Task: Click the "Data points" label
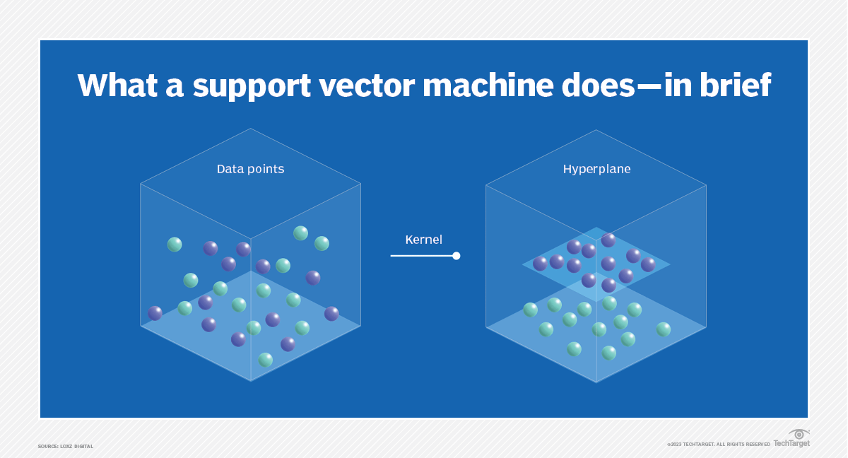pos(250,170)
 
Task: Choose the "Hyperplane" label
pos(596,170)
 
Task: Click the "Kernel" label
pos(423,240)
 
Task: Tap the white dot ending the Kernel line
pos(457,256)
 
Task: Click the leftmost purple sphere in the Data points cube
pos(155,313)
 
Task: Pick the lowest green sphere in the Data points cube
pos(265,360)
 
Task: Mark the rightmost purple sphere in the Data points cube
pos(331,313)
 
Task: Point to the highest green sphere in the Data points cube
pos(300,233)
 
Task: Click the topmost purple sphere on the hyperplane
pos(608,240)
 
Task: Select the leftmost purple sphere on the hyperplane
pos(540,264)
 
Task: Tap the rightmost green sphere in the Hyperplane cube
pos(663,329)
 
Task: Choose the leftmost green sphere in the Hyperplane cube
pos(530,310)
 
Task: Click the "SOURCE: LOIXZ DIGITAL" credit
pos(66,446)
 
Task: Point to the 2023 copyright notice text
pos(718,444)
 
